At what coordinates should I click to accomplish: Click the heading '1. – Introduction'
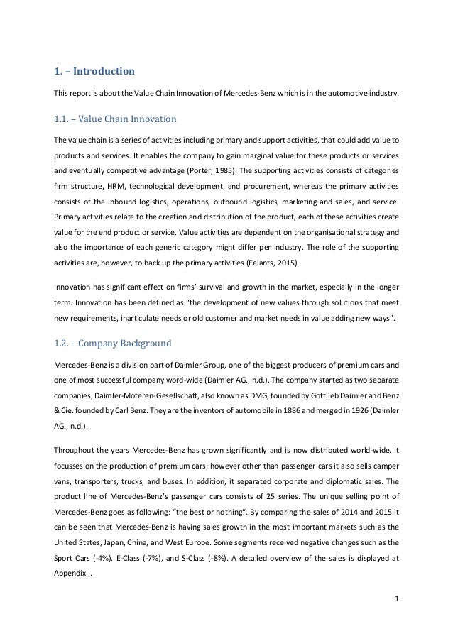coord(94,71)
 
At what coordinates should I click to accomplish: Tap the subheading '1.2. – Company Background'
coord(113,344)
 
